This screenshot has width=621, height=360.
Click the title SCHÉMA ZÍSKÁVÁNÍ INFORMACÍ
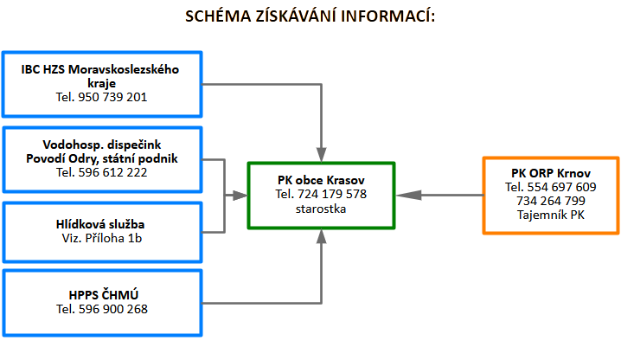(x=310, y=16)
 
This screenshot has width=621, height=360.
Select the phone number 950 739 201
(x=113, y=98)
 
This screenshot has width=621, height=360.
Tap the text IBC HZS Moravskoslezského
(x=101, y=69)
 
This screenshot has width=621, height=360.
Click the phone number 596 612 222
(x=113, y=172)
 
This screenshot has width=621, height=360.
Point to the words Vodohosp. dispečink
(x=101, y=144)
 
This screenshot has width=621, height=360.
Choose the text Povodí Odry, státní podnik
(x=101, y=158)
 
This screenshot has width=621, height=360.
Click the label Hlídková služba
(x=101, y=223)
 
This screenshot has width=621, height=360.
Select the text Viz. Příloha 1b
(x=101, y=238)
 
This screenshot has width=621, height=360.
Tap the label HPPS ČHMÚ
(x=101, y=294)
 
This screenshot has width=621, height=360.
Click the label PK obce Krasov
(x=321, y=180)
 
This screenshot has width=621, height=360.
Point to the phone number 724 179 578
(x=332, y=194)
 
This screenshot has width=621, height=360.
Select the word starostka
(x=321, y=209)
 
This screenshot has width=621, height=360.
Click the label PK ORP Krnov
(x=550, y=173)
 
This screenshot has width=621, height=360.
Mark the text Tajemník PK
(x=550, y=215)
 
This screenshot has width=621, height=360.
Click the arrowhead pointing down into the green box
(x=321, y=154)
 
